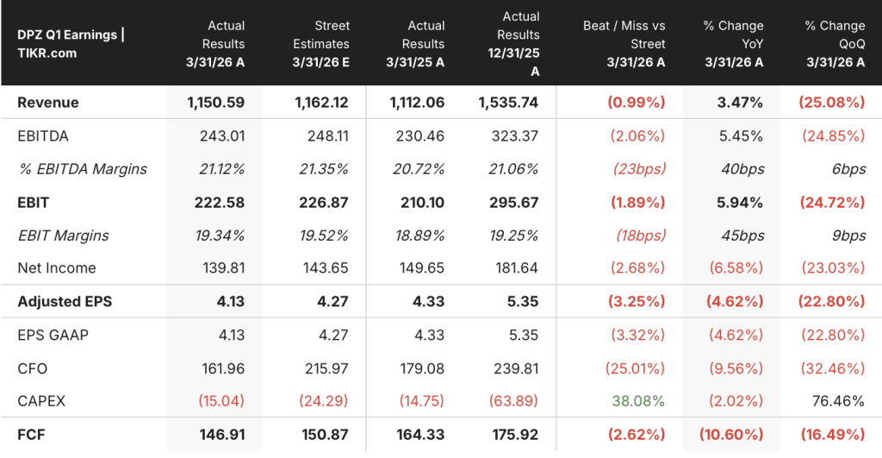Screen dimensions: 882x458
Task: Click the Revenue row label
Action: [48, 103]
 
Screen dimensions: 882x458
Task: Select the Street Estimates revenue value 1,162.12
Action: [321, 103]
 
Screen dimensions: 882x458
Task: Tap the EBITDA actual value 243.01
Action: [222, 135]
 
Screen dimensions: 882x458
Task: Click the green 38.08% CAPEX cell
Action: [638, 401]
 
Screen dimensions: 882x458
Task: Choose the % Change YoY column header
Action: [734, 44]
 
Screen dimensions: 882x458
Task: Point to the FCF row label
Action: [31, 435]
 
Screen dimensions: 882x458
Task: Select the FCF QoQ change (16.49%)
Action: [833, 435]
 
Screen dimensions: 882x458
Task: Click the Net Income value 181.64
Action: [517, 268]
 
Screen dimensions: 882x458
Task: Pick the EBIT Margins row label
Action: [63, 235]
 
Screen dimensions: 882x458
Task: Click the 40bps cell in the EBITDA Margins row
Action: [742, 169]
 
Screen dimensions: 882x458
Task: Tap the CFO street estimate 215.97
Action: [326, 368]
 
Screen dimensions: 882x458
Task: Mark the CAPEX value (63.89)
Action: [513, 401]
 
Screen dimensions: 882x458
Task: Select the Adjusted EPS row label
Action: [65, 301]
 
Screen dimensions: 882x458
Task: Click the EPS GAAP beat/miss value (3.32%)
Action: [638, 335]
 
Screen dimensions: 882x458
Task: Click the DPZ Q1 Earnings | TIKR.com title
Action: [71, 44]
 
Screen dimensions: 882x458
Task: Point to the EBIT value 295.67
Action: [513, 202]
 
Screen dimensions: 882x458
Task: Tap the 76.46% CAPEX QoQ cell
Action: [838, 401]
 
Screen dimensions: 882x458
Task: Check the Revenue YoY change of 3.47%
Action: [740, 103]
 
